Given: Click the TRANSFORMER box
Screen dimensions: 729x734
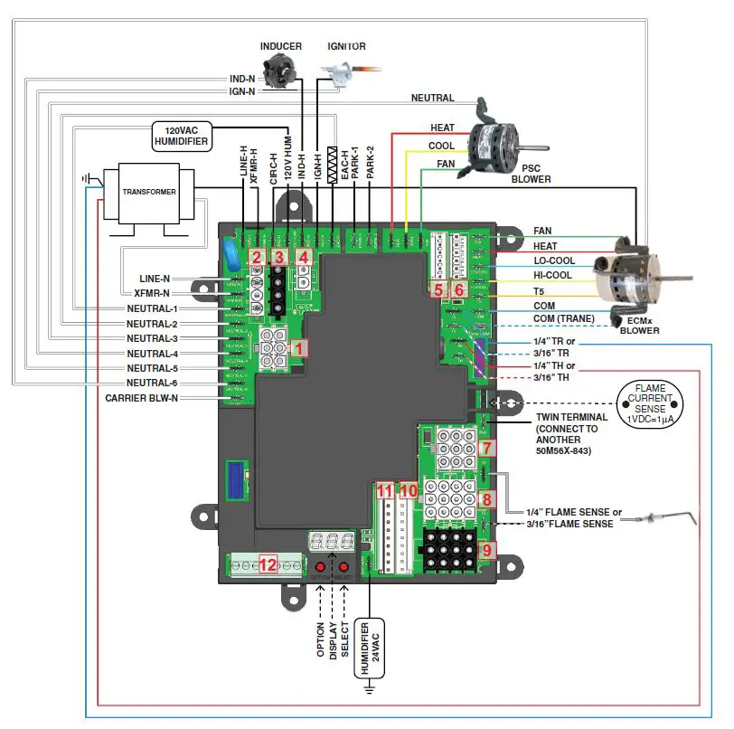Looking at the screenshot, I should point(139,193).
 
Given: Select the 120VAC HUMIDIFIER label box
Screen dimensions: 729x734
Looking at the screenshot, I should point(181,136).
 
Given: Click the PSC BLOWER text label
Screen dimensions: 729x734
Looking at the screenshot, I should point(531,173).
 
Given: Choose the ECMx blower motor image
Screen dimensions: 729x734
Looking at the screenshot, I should point(626,275).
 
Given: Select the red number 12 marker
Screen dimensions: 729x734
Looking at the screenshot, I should point(268,565).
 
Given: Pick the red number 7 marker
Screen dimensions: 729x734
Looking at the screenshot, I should point(487,448).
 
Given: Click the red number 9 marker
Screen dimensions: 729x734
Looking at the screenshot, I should point(487,549).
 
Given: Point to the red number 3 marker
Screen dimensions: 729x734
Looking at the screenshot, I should point(279,257).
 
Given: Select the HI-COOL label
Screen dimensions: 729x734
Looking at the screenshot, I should point(553,276).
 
